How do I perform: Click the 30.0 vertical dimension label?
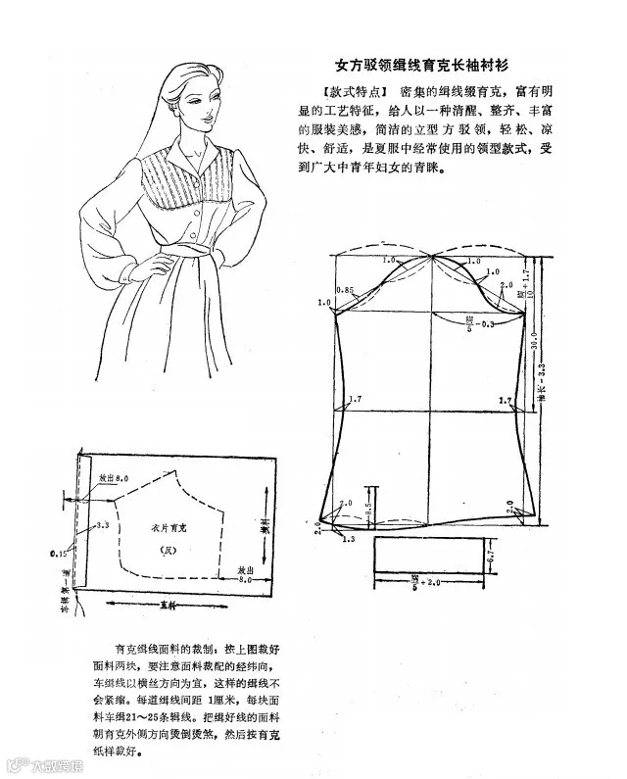[533, 340]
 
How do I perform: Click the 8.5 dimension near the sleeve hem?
[367, 510]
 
